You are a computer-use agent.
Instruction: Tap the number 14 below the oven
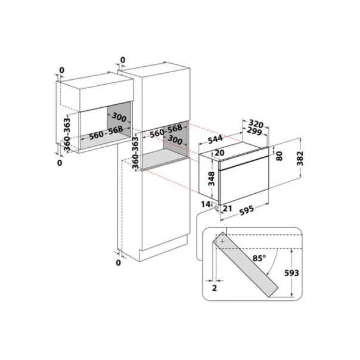click(206, 204)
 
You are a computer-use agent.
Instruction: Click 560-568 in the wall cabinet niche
click(101, 135)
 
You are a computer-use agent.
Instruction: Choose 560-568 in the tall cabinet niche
click(165, 129)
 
